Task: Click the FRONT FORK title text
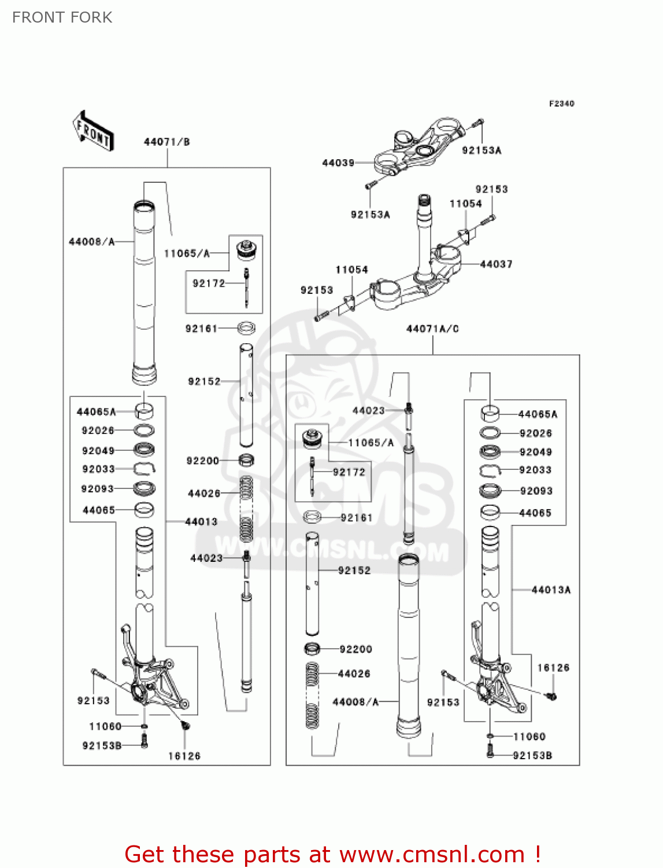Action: pyautogui.click(x=62, y=17)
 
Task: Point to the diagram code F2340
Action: pyautogui.click(x=561, y=104)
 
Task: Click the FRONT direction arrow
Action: pyautogui.click(x=92, y=131)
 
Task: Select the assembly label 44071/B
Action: pyautogui.click(x=166, y=142)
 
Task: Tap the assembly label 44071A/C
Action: pyautogui.click(x=432, y=329)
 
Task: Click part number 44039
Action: pyautogui.click(x=338, y=163)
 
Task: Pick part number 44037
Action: pyautogui.click(x=496, y=264)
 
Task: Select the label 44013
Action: pyautogui.click(x=201, y=521)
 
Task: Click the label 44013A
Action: pyautogui.click(x=551, y=590)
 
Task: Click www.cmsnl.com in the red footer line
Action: pyautogui.click(x=432, y=854)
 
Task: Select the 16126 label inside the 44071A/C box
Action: pyautogui.click(x=553, y=668)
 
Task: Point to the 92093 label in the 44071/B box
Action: pyautogui.click(x=98, y=489)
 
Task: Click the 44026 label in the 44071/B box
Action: pyautogui.click(x=204, y=493)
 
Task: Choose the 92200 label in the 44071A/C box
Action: pyautogui.click(x=355, y=649)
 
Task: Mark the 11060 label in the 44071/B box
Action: pyautogui.click(x=105, y=726)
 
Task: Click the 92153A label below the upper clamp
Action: pyautogui.click(x=371, y=215)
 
